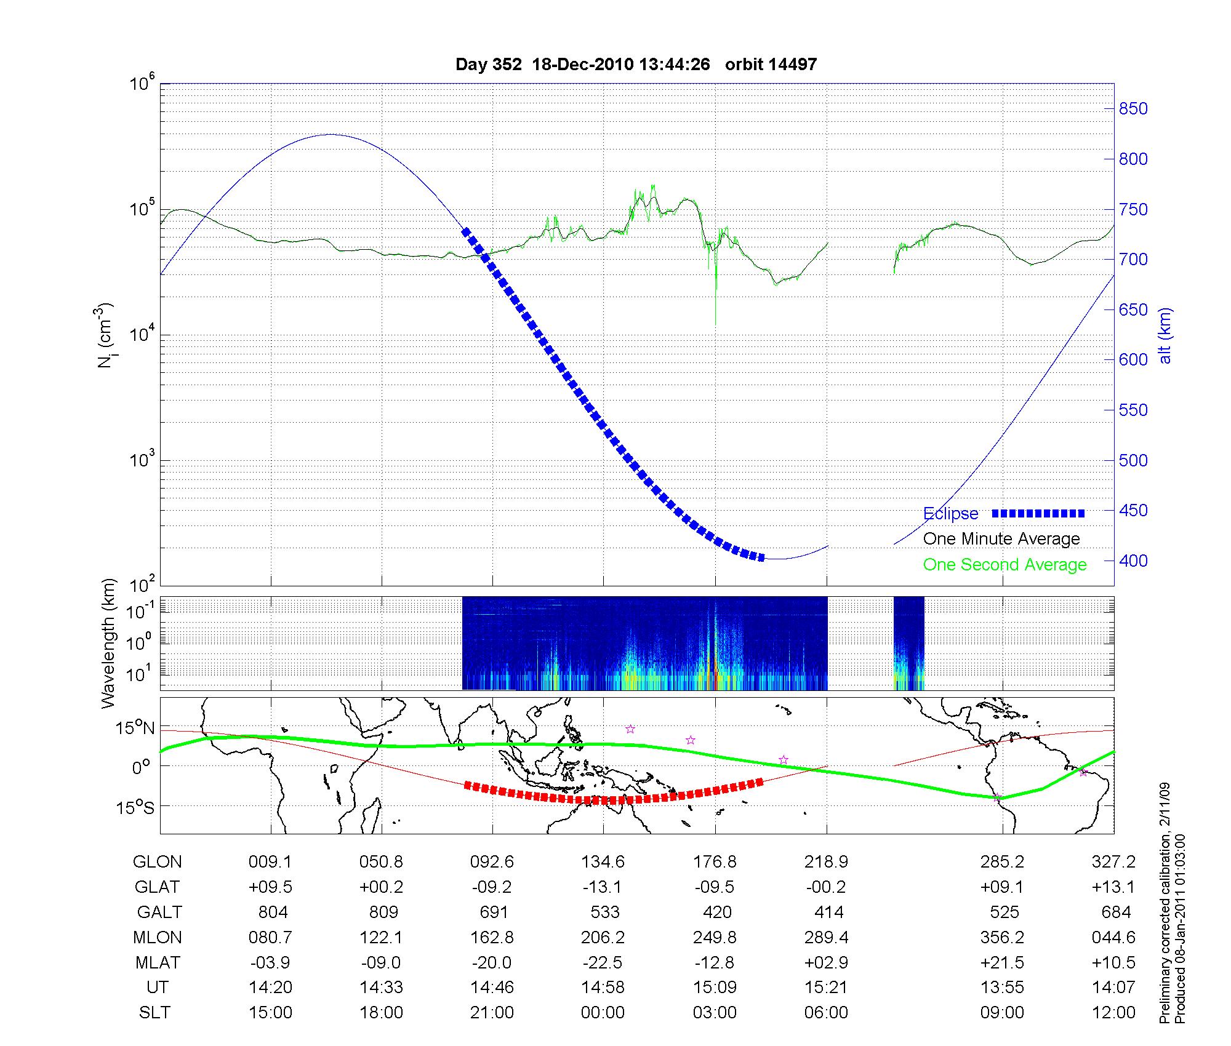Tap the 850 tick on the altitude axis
[1133, 109]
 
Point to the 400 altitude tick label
[1133, 561]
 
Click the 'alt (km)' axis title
[1165, 336]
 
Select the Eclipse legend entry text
[950, 514]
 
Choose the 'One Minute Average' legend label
[1001, 539]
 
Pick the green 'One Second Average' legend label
[1004, 565]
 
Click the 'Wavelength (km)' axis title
[108, 643]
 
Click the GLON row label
[157, 862]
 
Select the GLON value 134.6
[603, 862]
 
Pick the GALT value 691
[493, 912]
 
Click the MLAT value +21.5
[1002, 962]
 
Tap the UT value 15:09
[715, 988]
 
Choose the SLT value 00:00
[603, 1013]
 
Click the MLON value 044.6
[1113, 937]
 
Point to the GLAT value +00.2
[382, 887]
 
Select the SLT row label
[154, 1013]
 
